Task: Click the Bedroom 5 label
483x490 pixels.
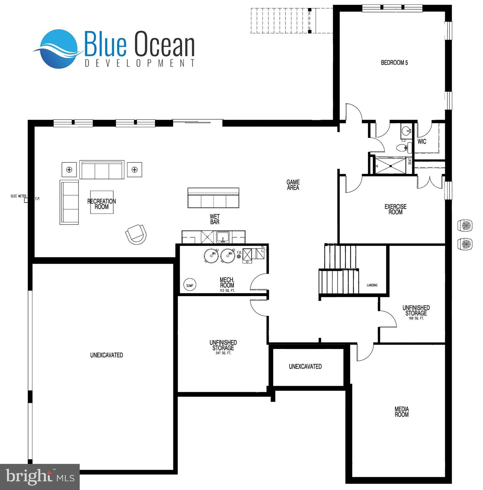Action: click(394, 63)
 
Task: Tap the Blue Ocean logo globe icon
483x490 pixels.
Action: click(59, 49)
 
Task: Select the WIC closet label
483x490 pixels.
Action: click(422, 141)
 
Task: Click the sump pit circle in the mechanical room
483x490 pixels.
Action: click(189, 285)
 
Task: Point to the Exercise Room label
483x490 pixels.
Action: click(395, 209)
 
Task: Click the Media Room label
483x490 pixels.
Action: click(401, 412)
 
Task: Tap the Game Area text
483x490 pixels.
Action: click(293, 185)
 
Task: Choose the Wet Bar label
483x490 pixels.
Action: click(215, 219)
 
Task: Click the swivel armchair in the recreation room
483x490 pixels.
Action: click(136, 234)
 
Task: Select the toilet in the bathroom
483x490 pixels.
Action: click(402, 148)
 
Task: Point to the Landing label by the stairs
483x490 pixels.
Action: click(372, 285)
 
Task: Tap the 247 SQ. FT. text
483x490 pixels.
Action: click(223, 353)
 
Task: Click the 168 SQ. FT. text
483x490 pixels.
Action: click(416, 318)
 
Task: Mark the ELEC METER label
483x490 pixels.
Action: click(19, 196)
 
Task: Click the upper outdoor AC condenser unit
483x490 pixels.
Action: click(465, 225)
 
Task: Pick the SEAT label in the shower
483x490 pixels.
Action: click(410, 162)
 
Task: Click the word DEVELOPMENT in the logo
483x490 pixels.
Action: click(140, 63)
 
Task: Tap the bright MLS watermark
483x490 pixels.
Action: click(40, 477)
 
